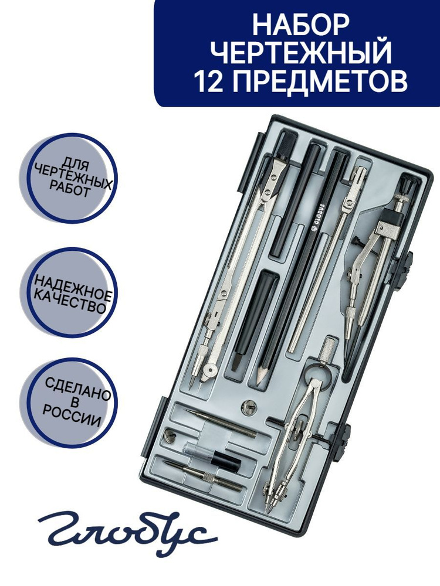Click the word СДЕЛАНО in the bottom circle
click(79, 389)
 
